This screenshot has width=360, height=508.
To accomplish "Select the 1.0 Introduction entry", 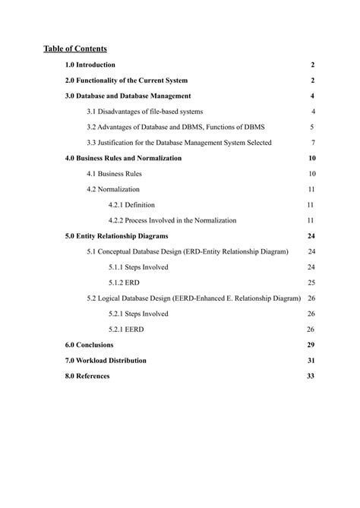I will (90, 65).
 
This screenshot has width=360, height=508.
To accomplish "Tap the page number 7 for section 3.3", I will (313, 143).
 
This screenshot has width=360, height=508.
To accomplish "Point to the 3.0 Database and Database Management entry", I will (128, 96).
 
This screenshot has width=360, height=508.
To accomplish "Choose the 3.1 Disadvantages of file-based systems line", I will (144, 112).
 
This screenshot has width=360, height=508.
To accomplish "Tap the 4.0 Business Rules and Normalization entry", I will (123, 159).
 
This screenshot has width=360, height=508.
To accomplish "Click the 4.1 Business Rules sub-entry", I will (114, 174).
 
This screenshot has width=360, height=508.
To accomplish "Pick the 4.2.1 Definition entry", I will (131, 205).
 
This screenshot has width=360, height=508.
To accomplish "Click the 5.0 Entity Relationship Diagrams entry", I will (116, 236).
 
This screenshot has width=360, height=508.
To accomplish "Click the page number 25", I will (311, 282).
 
